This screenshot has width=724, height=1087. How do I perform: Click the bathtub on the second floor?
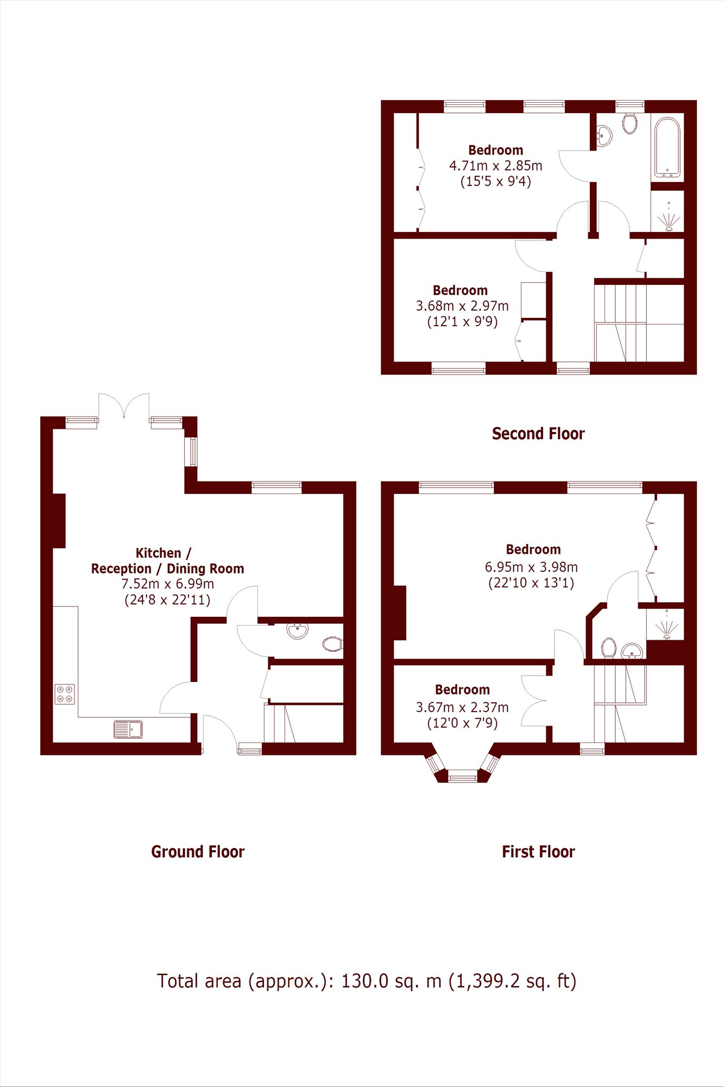[x=668, y=148]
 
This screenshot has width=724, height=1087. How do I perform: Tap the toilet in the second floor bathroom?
[x=630, y=123]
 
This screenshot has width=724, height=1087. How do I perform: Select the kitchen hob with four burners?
[x=65, y=694]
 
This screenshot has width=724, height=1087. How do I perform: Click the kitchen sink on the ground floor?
[x=128, y=729]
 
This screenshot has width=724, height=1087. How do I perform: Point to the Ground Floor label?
[x=198, y=852]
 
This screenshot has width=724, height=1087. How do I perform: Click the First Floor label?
[x=538, y=852]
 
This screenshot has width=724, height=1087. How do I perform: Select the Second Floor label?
[x=538, y=434]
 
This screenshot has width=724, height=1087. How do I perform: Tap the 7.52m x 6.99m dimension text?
[x=167, y=584]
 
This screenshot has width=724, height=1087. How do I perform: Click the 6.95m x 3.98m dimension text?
[x=531, y=567]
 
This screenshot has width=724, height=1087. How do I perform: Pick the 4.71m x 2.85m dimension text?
[x=495, y=166]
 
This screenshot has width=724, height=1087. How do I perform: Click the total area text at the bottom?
[x=367, y=981]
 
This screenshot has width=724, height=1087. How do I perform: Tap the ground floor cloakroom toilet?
[x=332, y=645]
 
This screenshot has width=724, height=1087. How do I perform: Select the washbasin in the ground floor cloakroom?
[x=298, y=630]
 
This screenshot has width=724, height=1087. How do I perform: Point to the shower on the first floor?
[x=666, y=625]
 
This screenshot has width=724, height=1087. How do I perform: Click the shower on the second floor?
[x=669, y=217]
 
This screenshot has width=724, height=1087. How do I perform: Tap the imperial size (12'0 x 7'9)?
[x=462, y=723]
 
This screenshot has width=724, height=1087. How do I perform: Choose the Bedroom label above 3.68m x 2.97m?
[x=460, y=290]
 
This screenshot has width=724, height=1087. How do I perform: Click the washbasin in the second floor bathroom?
[x=604, y=135]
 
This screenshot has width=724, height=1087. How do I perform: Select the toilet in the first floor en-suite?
[x=608, y=648]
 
